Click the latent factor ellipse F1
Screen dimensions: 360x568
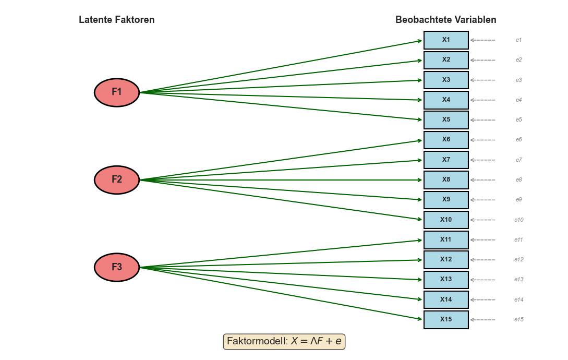coord(117,92)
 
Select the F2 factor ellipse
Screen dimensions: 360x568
coord(117,180)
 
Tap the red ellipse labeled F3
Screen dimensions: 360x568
coord(117,267)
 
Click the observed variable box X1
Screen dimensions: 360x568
coord(446,40)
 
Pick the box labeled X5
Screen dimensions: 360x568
coord(446,120)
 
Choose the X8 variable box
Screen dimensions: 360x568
coord(446,180)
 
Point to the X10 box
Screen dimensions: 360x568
coord(446,220)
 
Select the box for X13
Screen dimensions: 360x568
coord(446,280)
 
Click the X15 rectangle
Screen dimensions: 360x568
coord(446,320)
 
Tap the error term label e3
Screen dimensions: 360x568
coord(519,80)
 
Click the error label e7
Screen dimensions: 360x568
coord(519,160)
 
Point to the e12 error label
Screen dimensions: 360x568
coord(519,260)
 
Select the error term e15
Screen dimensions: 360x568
coord(519,320)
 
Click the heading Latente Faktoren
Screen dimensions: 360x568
coord(117,20)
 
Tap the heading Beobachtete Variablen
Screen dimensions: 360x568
coord(446,20)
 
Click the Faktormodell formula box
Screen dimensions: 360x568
coord(284,342)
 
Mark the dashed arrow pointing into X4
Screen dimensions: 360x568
coord(483,100)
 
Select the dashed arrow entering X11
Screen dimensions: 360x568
coord(483,240)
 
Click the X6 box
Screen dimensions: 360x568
coord(446,140)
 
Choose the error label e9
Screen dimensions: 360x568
coord(519,200)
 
